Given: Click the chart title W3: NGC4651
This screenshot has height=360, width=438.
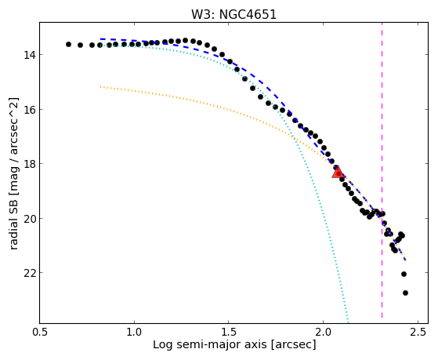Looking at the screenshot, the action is [x=233, y=14].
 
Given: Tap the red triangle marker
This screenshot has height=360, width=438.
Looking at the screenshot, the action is [x=338, y=172].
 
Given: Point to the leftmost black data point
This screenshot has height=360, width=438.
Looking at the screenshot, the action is [x=68, y=44].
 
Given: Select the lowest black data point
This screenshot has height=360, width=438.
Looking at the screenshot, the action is [x=405, y=293].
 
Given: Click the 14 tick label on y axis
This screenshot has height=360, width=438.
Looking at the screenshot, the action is [x=30, y=55].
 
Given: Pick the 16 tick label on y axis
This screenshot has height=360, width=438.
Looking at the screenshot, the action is [x=30, y=109].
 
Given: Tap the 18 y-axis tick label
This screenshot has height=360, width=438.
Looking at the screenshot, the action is [x=30, y=164].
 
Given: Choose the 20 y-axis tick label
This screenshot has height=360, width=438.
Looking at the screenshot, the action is [x=30, y=219].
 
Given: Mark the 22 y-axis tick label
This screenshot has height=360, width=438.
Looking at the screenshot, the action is [x=30, y=273].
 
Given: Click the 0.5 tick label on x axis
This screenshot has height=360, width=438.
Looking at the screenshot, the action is [x=40, y=333].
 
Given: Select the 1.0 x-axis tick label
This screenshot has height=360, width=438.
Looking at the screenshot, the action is [x=134, y=333].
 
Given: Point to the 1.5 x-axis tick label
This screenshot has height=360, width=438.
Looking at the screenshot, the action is [x=229, y=333].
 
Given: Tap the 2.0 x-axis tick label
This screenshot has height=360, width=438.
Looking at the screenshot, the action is [x=323, y=333].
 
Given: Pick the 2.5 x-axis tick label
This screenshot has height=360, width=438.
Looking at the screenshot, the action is [x=418, y=333].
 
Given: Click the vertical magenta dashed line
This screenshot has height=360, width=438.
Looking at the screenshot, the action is [x=382, y=171].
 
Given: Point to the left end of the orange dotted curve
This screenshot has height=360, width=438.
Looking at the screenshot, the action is [x=100, y=87].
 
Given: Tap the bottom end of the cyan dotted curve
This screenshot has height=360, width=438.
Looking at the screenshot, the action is [x=348, y=322].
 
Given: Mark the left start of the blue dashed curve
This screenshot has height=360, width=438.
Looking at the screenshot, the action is [x=100, y=39].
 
